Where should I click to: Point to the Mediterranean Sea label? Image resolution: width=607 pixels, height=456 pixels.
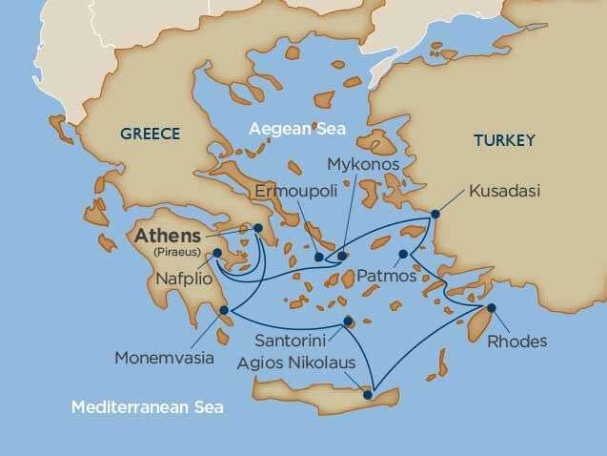point(147,409)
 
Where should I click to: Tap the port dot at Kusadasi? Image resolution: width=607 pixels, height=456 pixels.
point(436,214)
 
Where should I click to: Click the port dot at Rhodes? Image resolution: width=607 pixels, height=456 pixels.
point(493,307)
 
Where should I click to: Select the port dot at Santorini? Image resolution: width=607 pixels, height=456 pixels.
point(348,321)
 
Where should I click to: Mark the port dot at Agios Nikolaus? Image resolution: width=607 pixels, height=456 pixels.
point(368,393)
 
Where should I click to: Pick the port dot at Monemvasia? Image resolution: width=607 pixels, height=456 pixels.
point(223,310)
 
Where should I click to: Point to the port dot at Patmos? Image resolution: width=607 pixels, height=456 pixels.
point(403,254)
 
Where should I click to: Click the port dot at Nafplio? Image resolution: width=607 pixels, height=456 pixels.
point(218,254)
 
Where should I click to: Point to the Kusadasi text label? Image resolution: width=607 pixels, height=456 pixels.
point(505,193)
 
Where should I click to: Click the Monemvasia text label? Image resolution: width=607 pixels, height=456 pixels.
point(159,362)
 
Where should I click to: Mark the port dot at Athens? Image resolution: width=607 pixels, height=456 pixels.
point(257,228)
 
